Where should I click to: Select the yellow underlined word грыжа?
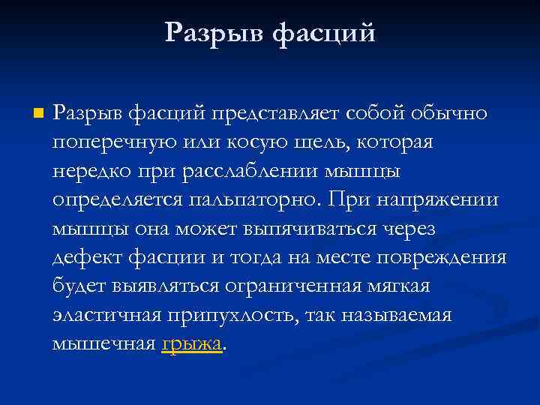click(x=192, y=344)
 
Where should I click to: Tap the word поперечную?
click(x=109, y=142)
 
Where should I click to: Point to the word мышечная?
click(x=103, y=344)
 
